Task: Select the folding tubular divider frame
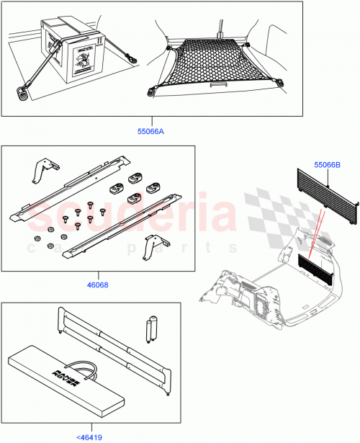click(x=115, y=352)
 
